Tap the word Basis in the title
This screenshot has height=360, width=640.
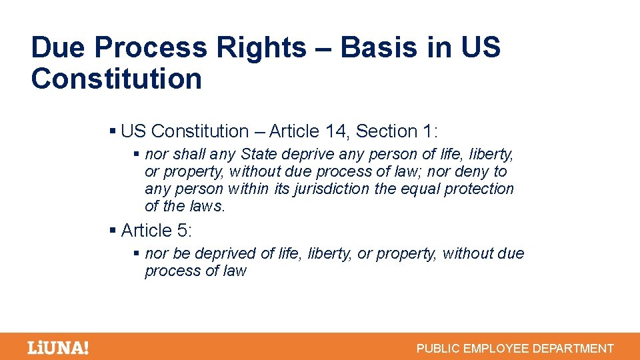pos(369,48)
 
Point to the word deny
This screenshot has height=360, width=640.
pos(471,172)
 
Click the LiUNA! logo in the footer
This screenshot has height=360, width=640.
pos(57,347)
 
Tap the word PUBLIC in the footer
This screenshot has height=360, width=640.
pos(437,348)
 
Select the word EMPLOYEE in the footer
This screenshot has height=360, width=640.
pos(495,348)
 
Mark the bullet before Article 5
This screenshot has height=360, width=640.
pos(113,231)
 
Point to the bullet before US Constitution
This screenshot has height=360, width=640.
pos(113,131)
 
